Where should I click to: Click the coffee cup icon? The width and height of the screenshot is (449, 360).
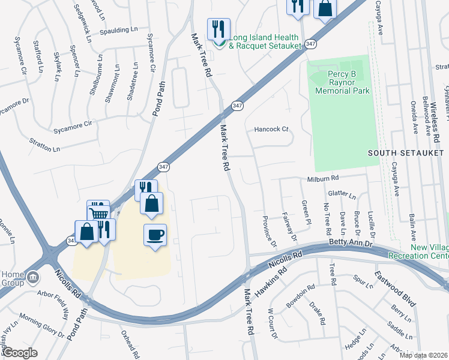click(x=155, y=234)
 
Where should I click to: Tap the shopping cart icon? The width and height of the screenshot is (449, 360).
click(x=98, y=211)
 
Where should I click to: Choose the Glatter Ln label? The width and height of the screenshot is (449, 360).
click(x=342, y=195)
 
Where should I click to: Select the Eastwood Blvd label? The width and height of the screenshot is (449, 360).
click(x=395, y=289)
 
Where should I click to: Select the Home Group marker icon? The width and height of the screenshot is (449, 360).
click(x=32, y=277)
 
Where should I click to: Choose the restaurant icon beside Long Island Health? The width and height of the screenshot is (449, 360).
click(x=218, y=29)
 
